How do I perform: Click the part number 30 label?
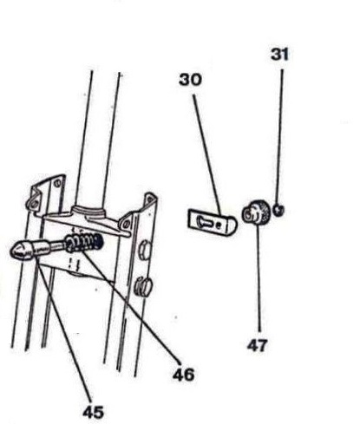tap(190, 80)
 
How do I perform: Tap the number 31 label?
tap(279, 55)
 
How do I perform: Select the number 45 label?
tap(93, 412)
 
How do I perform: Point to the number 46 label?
tap(184, 375)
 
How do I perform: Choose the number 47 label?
tap(258, 345)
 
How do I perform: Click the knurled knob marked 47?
tap(257, 212)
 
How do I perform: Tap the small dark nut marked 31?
tap(278, 210)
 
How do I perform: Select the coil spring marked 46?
tap(84, 243)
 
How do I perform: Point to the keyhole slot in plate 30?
tap(205, 222)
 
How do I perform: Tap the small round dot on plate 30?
tap(219, 225)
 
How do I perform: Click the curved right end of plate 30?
tap(233, 225)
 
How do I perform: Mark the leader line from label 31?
tap(280, 136)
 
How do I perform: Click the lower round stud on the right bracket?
tap(144, 286)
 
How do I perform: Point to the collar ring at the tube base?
tap(88, 210)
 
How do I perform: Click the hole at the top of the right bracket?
tap(150, 199)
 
